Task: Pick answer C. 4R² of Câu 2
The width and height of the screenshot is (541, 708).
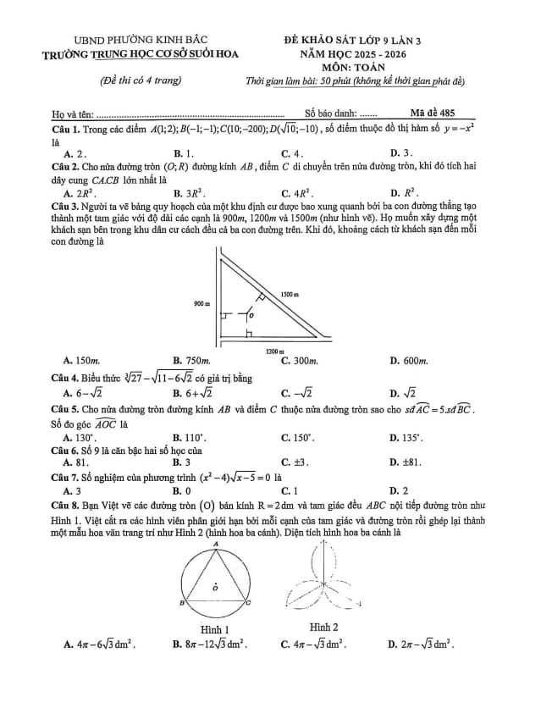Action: pos(297,193)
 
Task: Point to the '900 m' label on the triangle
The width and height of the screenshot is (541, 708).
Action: pos(202,303)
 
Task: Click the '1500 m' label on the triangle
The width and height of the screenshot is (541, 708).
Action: pos(291,293)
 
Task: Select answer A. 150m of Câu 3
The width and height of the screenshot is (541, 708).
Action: pos(83,361)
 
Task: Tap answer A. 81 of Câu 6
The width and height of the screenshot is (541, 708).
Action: pos(78,462)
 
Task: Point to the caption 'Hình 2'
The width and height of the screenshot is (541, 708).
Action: pos(324,627)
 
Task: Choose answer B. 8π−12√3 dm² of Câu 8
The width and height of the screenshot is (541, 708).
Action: pos(209,646)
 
